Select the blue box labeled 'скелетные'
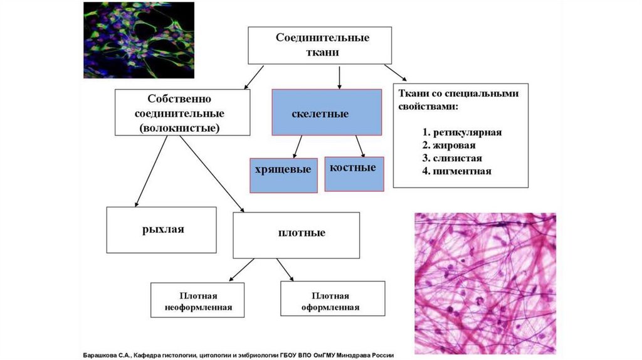click(x=327, y=112)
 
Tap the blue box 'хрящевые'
click(x=283, y=174)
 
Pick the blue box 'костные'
click(x=354, y=172)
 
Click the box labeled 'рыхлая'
click(x=161, y=230)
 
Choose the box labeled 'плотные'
click(x=296, y=235)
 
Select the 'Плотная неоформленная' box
click(x=199, y=300)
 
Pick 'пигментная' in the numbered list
click(x=465, y=171)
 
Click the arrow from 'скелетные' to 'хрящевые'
click(x=297, y=147)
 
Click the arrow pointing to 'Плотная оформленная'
click(x=285, y=270)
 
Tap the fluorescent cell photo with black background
click(x=139, y=40)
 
